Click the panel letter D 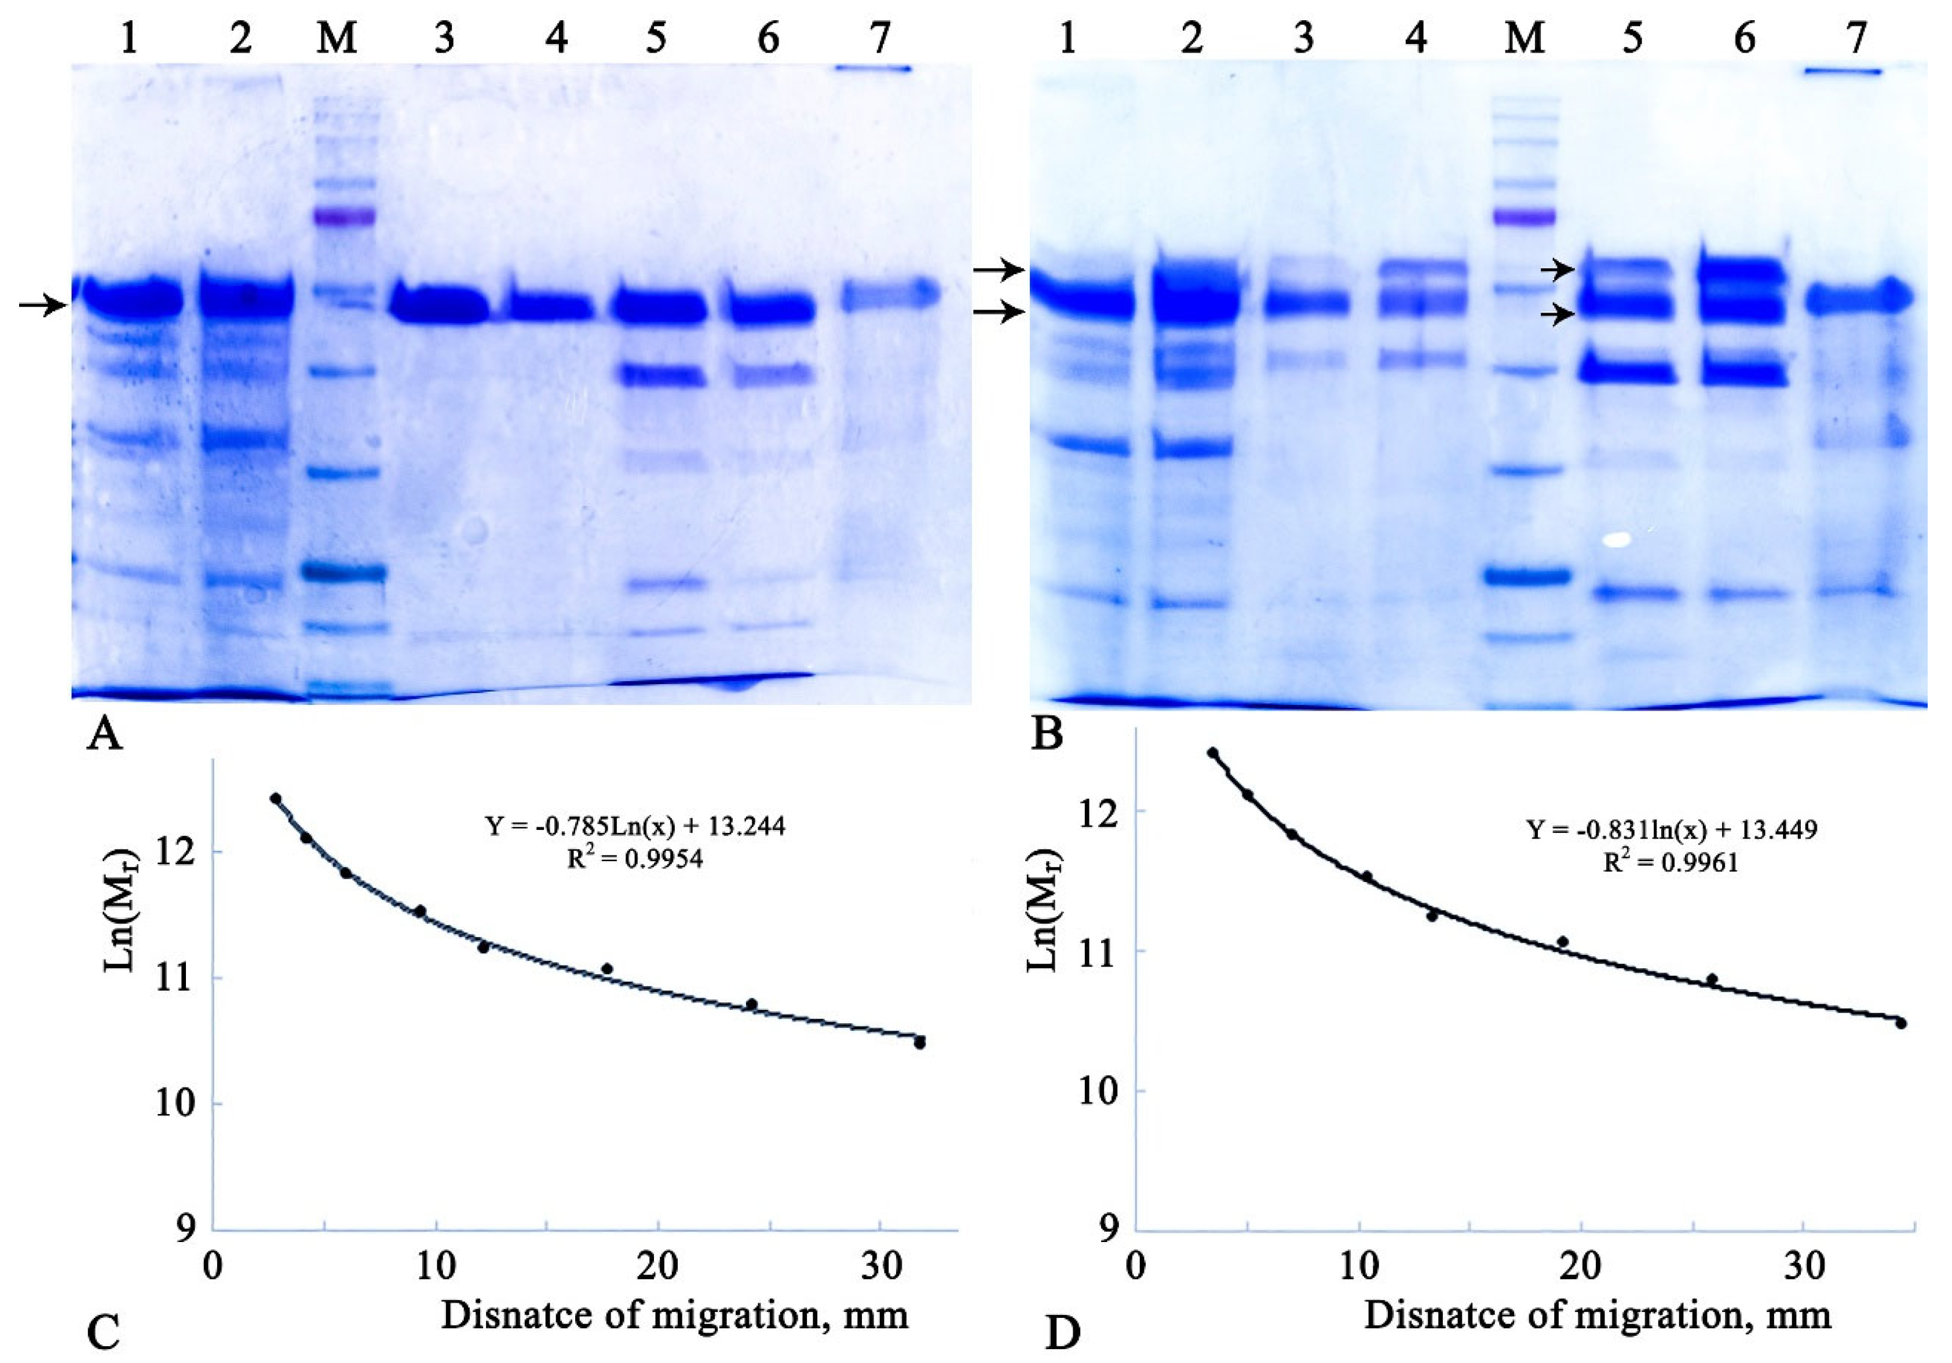[x=1062, y=1333]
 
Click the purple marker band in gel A [x=343, y=216]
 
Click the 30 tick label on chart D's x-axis [x=1803, y=1267]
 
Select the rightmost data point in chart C [x=919, y=1042]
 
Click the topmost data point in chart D [x=1212, y=753]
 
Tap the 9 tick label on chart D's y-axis [x=1108, y=1229]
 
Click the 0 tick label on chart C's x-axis [x=213, y=1267]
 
